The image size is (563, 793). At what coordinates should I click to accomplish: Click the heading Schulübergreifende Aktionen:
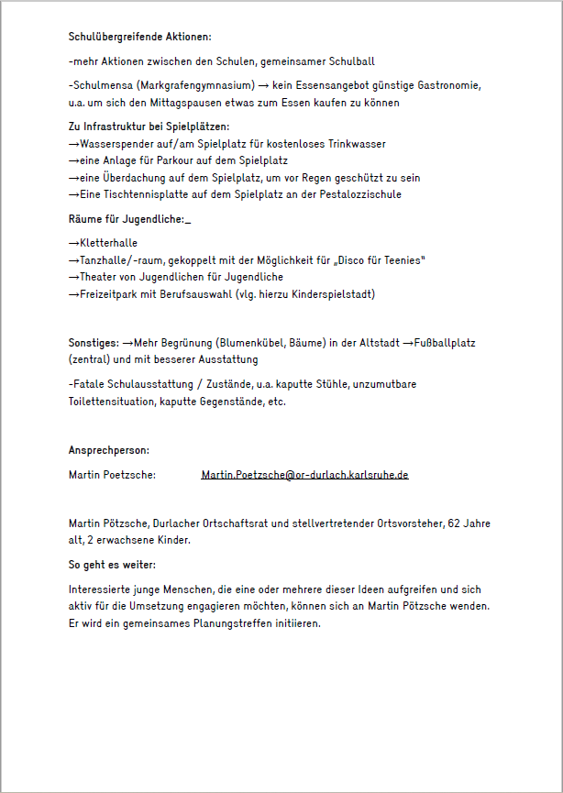(x=140, y=37)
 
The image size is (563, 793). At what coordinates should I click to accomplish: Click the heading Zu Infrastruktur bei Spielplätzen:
(x=149, y=127)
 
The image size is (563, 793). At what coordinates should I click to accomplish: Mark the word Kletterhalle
(x=109, y=244)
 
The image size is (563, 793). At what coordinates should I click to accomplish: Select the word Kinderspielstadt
(x=332, y=294)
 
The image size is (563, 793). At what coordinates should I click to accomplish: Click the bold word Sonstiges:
(x=94, y=343)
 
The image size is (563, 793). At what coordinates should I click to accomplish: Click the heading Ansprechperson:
(x=109, y=450)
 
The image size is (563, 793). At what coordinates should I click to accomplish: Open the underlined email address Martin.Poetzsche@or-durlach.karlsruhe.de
(x=304, y=475)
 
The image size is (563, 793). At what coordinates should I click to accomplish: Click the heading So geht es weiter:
(x=112, y=565)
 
